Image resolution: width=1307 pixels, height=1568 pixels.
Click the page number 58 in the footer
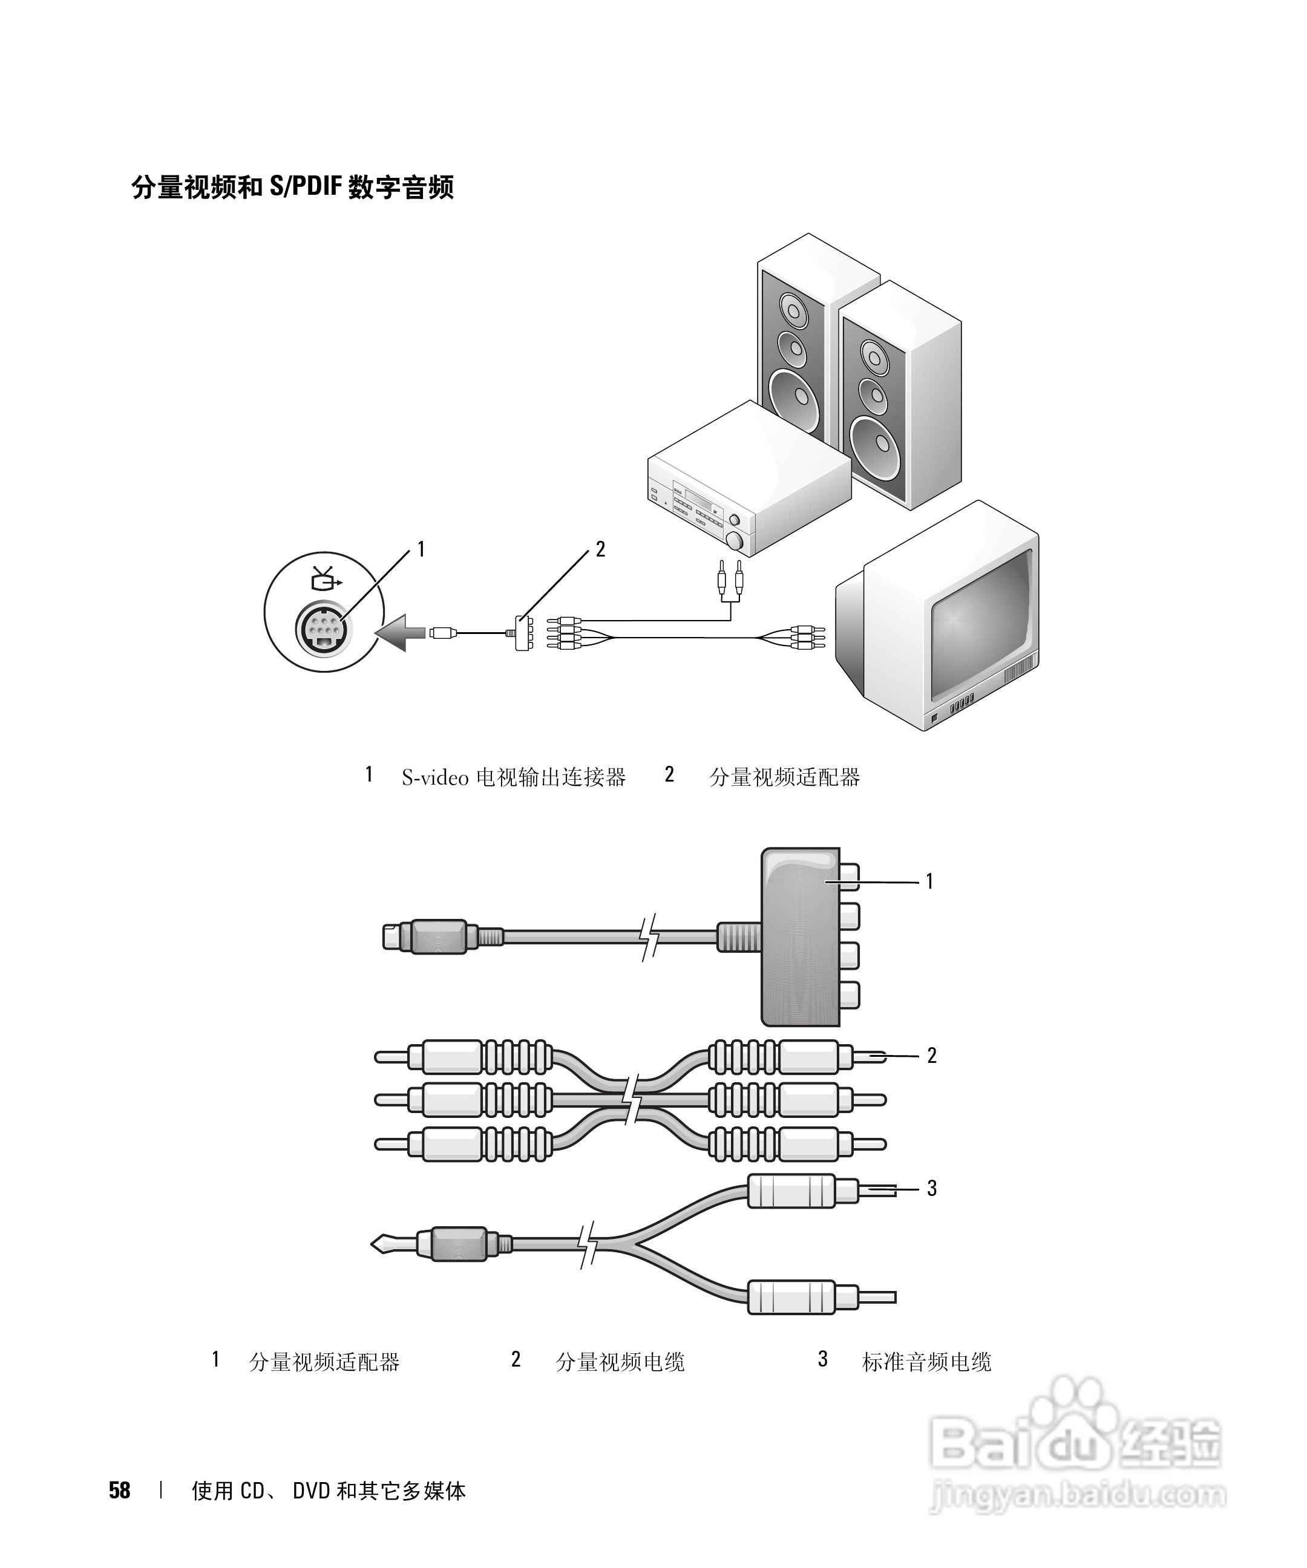click(119, 1491)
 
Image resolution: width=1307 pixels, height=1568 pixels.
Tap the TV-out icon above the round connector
click(326, 578)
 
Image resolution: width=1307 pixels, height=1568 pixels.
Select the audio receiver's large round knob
click(736, 541)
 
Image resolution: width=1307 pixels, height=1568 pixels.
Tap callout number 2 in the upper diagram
click(600, 549)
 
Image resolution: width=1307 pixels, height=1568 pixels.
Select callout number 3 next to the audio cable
click(931, 1188)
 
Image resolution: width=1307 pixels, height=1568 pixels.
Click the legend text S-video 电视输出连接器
click(513, 777)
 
